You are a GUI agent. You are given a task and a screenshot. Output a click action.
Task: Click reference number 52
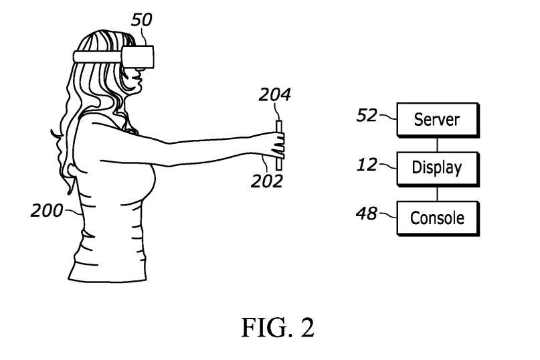coord(368,116)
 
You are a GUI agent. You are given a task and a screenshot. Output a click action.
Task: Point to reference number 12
coord(368,164)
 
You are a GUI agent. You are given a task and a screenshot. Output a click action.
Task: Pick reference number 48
coord(367,213)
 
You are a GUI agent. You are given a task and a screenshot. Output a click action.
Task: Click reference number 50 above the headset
coord(141,20)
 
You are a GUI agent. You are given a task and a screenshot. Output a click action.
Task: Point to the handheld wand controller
coord(279,144)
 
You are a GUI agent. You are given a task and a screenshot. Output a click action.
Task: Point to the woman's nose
coord(138,70)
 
